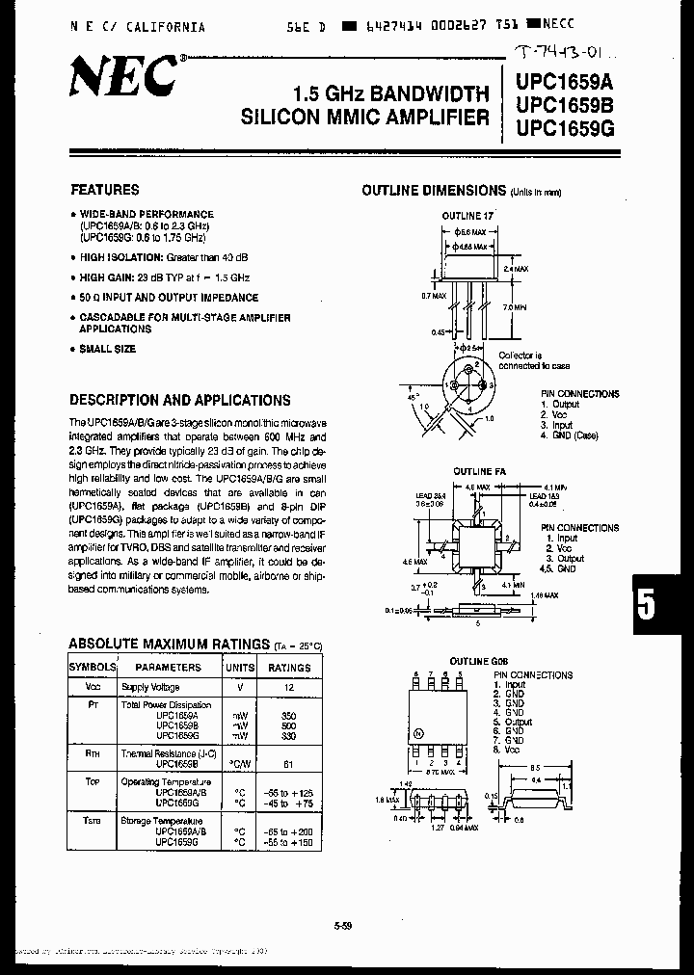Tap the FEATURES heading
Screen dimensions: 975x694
pos(104,190)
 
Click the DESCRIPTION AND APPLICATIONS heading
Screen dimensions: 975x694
pos(180,400)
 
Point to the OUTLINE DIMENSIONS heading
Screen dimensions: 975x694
pos(434,191)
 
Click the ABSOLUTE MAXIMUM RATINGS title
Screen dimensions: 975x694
pos(169,645)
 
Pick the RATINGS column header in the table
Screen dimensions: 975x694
pos(289,667)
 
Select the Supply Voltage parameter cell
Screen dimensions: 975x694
pos(150,688)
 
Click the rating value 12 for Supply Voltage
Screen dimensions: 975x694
pos(288,688)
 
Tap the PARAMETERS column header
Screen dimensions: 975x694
pos(168,667)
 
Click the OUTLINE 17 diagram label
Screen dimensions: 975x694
pos(467,216)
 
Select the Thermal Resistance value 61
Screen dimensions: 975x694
pos(288,761)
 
